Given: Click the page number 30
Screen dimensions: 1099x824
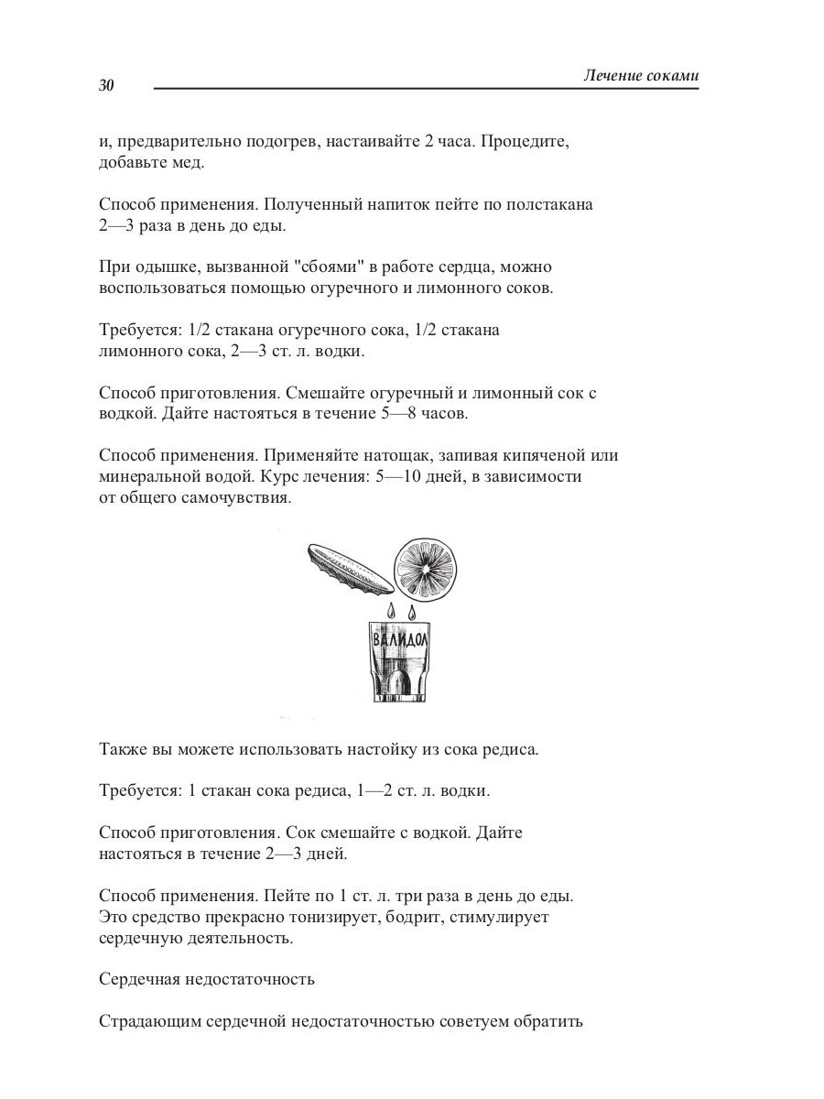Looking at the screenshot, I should point(105,86).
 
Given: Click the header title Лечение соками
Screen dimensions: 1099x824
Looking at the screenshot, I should point(641,76).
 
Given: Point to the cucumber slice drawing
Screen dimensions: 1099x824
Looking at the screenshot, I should point(349,565).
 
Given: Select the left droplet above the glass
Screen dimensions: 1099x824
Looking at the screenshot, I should point(391,611).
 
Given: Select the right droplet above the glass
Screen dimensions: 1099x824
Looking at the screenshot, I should point(411,611).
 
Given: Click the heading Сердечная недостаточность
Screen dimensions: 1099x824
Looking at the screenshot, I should point(206,979).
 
